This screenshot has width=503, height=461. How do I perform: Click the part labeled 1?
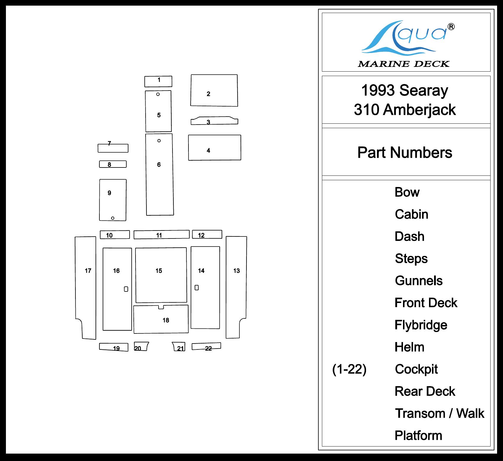tap(158, 81)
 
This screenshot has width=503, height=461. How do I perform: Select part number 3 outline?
tap(214, 121)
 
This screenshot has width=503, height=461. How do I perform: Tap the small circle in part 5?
tap(158, 94)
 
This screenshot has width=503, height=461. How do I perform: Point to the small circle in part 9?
tap(113, 218)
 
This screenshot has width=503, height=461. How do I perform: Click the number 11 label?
tap(159, 236)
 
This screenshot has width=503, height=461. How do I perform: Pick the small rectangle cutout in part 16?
tap(126, 289)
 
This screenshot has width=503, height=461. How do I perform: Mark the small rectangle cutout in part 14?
tap(197, 288)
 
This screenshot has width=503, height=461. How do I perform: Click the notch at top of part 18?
tap(161, 307)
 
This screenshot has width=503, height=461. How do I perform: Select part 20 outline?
tap(141, 346)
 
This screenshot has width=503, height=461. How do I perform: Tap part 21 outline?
tap(179, 346)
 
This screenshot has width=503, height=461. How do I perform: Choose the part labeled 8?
tap(113, 164)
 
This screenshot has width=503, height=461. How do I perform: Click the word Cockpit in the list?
tap(416, 369)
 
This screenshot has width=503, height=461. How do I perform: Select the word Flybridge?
tap(421, 325)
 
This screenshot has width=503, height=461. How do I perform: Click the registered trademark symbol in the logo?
tap(451, 27)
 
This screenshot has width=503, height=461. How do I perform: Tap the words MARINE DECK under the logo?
tap(404, 64)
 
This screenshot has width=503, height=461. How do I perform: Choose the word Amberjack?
tap(419, 110)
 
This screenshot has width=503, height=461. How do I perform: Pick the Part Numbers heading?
tap(405, 153)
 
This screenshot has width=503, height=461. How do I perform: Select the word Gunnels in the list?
tap(419, 281)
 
